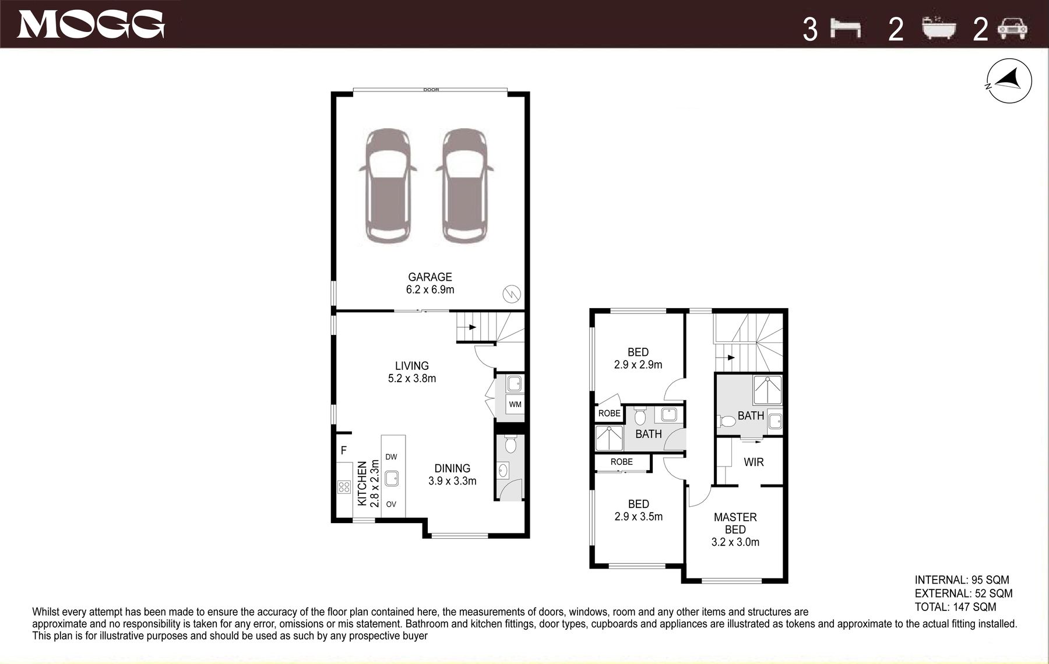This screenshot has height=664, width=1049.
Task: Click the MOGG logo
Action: (x=91, y=24)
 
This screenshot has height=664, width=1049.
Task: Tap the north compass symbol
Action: (x=1009, y=81)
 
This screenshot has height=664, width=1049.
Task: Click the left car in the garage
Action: (x=388, y=186)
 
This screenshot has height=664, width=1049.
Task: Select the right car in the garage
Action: (x=464, y=186)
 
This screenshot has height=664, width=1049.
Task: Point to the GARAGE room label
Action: (x=430, y=277)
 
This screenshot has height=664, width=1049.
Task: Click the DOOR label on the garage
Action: (x=431, y=90)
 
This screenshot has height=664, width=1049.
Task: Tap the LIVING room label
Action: (x=412, y=366)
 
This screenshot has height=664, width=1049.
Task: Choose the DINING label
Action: (x=452, y=468)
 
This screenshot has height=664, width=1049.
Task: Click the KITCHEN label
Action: (x=362, y=483)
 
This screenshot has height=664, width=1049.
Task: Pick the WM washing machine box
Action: (x=515, y=404)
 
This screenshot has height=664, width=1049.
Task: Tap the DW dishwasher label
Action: (x=391, y=457)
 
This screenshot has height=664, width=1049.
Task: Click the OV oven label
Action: (x=391, y=504)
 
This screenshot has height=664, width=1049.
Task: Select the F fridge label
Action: (x=344, y=450)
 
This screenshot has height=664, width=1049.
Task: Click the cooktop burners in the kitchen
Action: (x=344, y=487)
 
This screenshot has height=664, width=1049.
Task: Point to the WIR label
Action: (x=754, y=462)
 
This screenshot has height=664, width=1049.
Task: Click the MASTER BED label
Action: (x=735, y=523)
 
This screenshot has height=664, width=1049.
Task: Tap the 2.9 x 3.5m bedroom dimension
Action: (x=639, y=517)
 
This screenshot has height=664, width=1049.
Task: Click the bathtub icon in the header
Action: (x=939, y=28)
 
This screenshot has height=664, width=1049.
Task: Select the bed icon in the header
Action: (x=846, y=28)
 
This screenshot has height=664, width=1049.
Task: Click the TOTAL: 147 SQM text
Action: (x=956, y=607)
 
